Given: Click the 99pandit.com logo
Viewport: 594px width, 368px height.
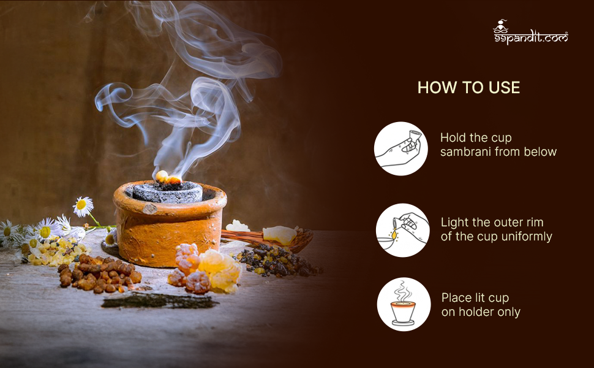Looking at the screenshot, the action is coord(530,32).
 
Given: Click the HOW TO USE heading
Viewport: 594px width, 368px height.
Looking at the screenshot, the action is coord(468,88).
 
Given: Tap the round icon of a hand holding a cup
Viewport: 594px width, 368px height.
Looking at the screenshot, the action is coord(401,148).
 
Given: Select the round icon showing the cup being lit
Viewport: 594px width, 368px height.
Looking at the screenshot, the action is coord(403,230).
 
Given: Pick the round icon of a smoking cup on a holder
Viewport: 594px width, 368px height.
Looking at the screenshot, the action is coord(404,304).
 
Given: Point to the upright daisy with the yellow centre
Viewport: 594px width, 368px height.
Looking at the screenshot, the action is coord(83,206).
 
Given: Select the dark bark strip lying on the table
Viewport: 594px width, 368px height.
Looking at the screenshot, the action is coord(159,300).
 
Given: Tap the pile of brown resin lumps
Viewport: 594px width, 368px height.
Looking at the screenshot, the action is coord(100,273).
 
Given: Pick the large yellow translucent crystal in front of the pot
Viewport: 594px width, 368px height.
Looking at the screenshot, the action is coord(220,270).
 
